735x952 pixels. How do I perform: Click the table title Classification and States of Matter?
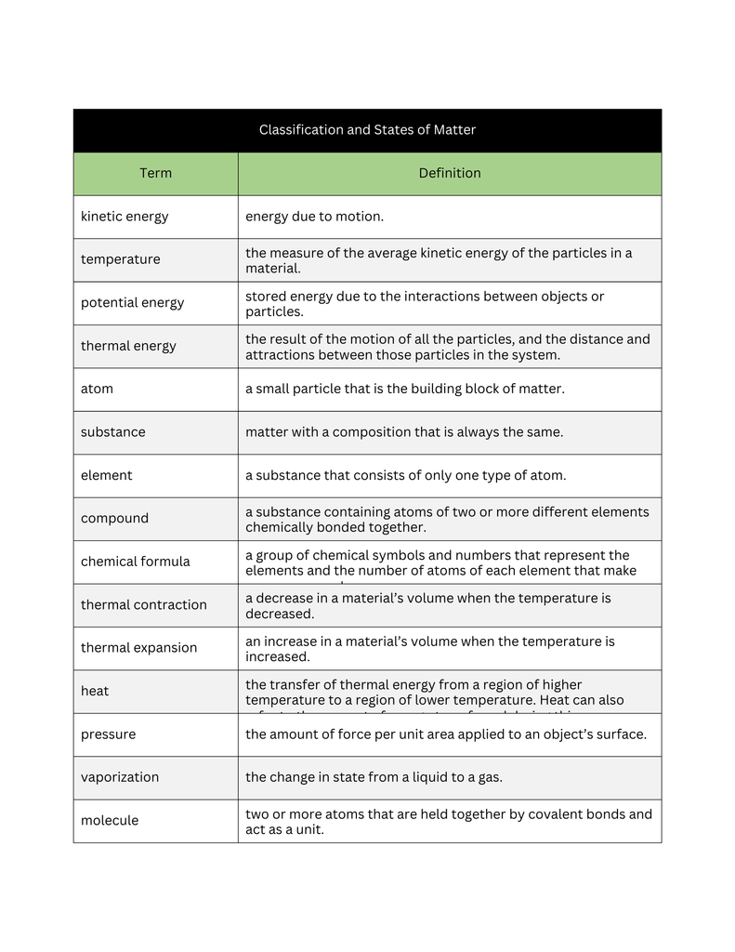[x=367, y=130]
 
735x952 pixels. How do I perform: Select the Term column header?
[x=155, y=173]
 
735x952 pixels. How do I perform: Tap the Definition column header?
[x=450, y=173]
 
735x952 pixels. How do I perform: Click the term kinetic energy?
[x=125, y=217]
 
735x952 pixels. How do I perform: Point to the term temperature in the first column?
[x=120, y=259]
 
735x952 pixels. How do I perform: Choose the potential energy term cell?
[x=132, y=303]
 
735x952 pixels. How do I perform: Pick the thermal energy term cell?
[x=128, y=346]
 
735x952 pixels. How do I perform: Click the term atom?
[x=97, y=389]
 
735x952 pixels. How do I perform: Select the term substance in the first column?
[x=112, y=432]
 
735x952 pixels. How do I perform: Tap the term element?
[x=106, y=475]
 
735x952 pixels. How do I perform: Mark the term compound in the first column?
[x=114, y=519]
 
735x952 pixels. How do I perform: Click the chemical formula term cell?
[x=135, y=562]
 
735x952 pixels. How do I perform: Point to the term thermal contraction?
[x=143, y=605]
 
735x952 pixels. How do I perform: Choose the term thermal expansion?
[x=138, y=648]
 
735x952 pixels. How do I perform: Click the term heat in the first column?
[x=95, y=691]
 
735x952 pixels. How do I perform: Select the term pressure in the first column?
[x=108, y=734]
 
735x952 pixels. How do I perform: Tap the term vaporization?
[x=119, y=777]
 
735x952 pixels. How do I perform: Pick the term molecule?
[x=111, y=821]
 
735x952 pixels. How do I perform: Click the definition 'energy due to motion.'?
[x=314, y=217]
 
